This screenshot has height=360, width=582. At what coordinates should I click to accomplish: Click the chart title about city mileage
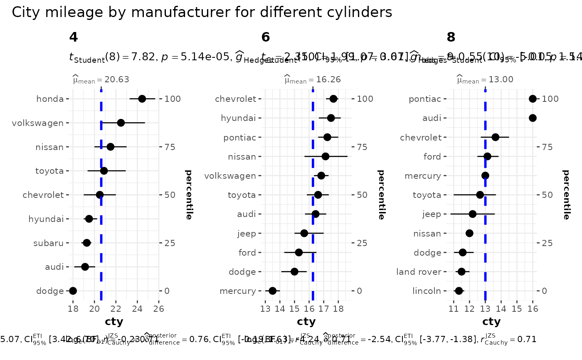coord(202,12)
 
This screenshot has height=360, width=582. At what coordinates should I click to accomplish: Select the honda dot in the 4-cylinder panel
coord(142,99)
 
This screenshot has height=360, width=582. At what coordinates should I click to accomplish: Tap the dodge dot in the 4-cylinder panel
coord(73,291)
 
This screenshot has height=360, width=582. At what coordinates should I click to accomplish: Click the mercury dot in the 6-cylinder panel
coord(273,291)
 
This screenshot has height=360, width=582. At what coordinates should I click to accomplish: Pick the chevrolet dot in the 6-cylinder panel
coord(333,99)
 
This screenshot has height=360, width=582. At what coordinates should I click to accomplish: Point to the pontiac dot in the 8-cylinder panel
coord(533,99)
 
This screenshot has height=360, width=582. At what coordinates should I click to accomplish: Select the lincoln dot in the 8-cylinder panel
coord(459,291)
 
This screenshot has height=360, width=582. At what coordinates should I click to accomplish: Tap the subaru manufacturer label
coord(49,243)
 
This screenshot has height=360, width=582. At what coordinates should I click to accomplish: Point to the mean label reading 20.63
coord(95,79)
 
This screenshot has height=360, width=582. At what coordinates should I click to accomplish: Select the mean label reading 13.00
coord(479,79)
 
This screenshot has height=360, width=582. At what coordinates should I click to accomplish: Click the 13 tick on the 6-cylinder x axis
coord(265,308)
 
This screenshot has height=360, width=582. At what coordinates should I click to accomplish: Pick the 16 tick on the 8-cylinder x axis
coord(533,308)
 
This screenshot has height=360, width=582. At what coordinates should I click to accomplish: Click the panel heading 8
coord(451,37)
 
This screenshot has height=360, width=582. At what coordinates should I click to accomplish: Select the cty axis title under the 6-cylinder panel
coord(306,322)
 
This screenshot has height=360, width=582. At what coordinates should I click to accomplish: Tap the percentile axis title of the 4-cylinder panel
coord(188,195)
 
